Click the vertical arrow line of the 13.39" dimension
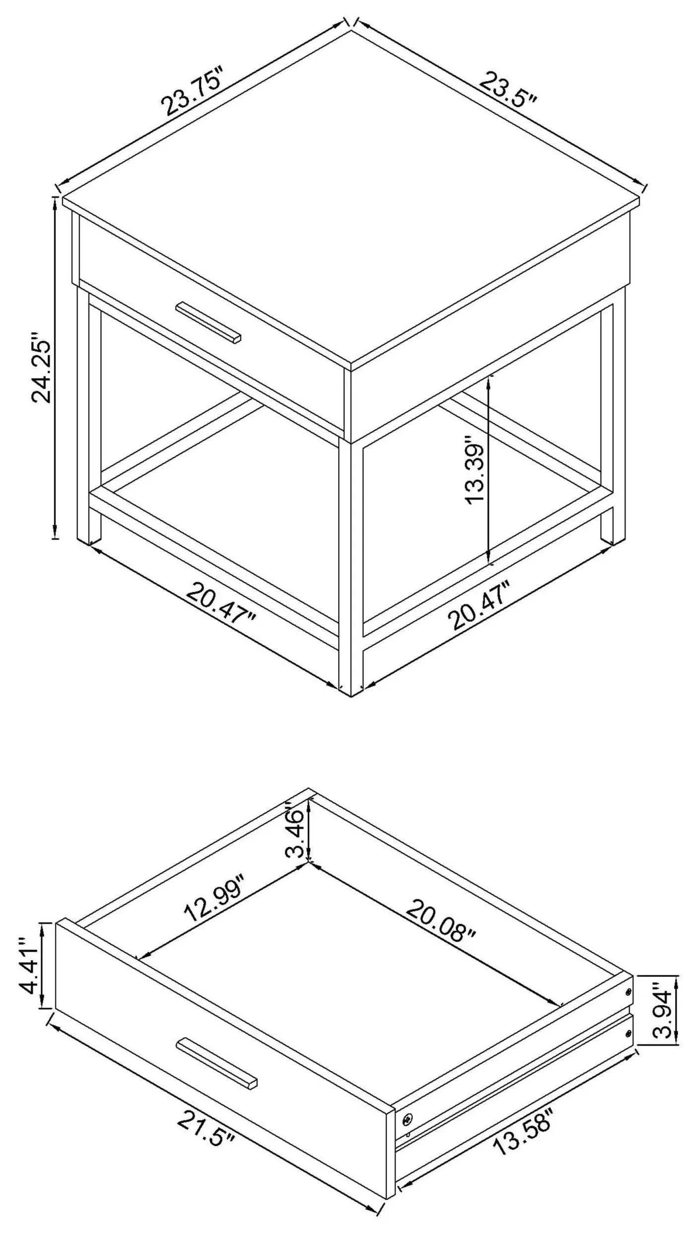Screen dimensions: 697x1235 click(x=490, y=469)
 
